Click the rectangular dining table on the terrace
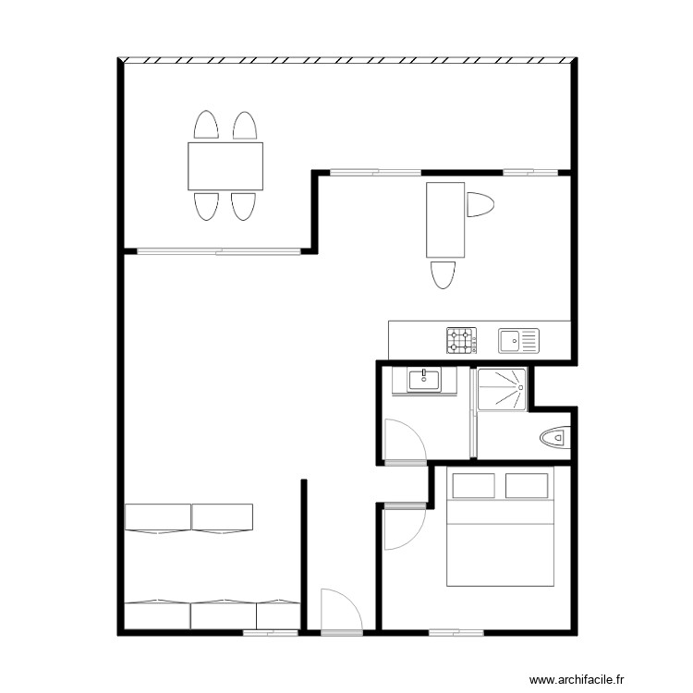pos(225,165)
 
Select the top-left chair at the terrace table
pos(206,126)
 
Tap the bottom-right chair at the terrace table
pos(243,206)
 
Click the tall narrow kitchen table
pos(444,220)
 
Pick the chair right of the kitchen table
pos(480,204)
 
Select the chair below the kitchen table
pos(444,275)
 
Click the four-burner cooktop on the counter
pos(462,341)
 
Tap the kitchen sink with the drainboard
pos(517,341)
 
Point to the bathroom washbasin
pos(425,380)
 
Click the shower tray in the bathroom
pos(501,388)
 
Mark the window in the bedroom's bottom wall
pos(456,633)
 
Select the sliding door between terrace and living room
pos(219,250)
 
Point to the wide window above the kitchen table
pos(375,172)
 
